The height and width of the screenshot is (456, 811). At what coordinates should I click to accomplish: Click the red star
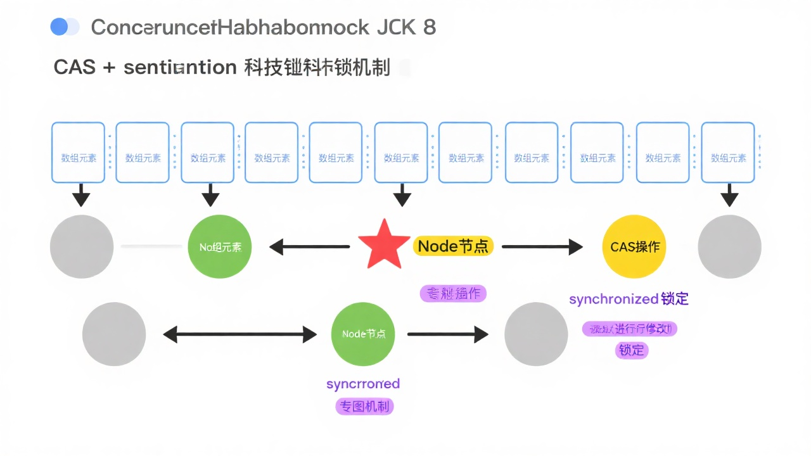coord(383,245)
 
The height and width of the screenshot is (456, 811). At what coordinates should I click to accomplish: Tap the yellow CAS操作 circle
coord(634,247)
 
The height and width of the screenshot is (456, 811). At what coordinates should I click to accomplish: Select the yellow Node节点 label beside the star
coord(454,246)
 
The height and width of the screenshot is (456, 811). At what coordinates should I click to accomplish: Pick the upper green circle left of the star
coord(220,247)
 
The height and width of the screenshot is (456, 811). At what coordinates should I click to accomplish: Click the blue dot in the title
coord(59,27)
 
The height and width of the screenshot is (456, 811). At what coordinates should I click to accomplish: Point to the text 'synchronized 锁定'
coord(629,299)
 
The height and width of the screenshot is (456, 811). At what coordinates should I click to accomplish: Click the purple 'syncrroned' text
coord(363,384)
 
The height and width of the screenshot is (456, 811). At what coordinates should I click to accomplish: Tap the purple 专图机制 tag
coord(364,407)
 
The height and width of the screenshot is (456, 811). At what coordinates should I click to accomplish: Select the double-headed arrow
coord(239,334)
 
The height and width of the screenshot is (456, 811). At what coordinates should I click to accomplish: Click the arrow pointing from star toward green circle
coord(309,246)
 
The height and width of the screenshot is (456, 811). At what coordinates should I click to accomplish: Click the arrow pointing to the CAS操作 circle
coord(542,246)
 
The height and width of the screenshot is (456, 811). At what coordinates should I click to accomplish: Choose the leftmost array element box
coord(79,153)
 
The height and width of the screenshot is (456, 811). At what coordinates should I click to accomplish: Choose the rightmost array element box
coord(728,153)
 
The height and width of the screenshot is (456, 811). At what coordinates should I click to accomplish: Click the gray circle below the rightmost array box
coord(729,246)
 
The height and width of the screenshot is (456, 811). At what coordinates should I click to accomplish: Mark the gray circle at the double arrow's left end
coord(114,334)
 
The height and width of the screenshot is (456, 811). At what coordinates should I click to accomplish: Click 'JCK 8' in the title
coord(406,27)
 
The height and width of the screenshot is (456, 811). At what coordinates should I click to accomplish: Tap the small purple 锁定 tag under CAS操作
coord(632,350)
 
